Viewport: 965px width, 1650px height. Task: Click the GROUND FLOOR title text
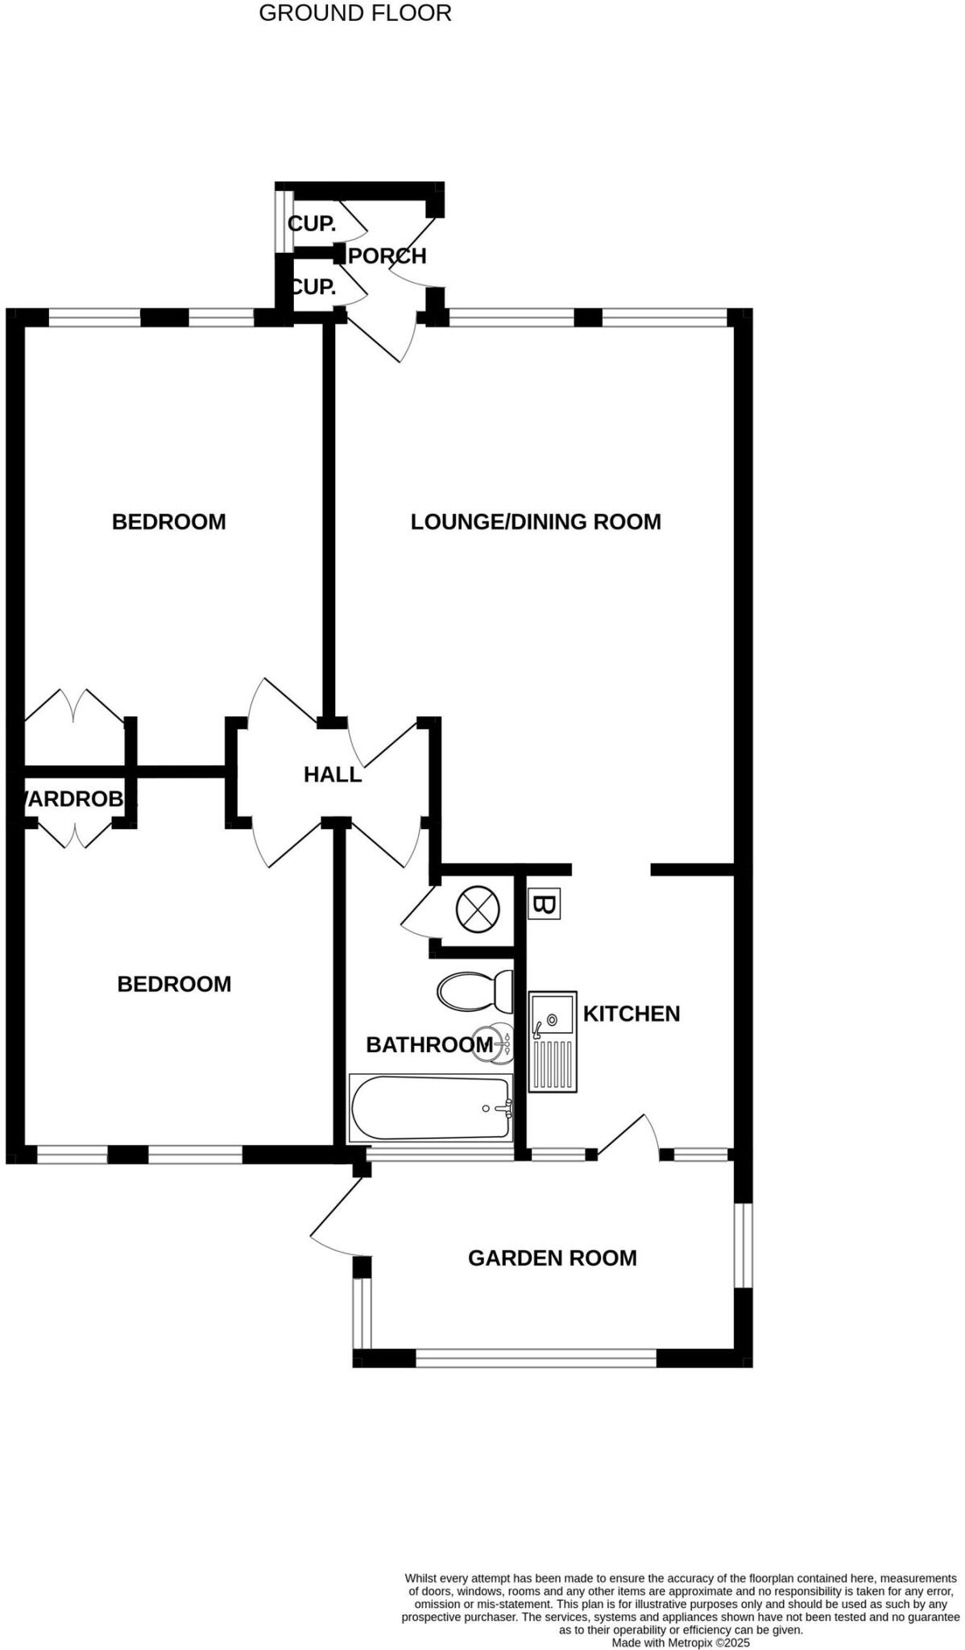[x=354, y=13]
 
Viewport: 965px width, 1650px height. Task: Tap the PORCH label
[x=387, y=256]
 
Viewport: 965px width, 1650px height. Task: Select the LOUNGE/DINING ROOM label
[x=536, y=522]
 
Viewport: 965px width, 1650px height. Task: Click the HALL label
[x=333, y=775]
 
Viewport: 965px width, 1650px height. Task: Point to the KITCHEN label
[x=632, y=1014]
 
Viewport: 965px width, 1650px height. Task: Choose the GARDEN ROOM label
[x=553, y=1258]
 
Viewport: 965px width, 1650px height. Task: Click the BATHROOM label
[x=429, y=1045]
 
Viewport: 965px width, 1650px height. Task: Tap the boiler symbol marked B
[x=544, y=905]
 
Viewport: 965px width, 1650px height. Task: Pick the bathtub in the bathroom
[x=431, y=1108]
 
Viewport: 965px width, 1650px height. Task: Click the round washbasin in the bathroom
[x=491, y=1045]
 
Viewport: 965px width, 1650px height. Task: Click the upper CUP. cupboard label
[x=312, y=223]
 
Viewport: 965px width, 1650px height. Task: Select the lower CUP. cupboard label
[x=313, y=286]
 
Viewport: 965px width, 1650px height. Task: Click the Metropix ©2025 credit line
[x=681, y=1643]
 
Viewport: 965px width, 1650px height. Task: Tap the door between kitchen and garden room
[x=629, y=1136]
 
